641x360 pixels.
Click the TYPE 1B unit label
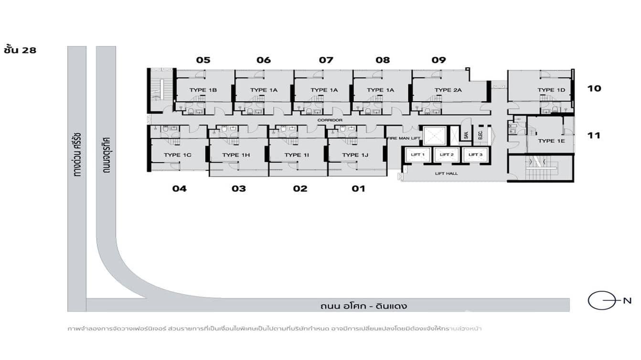(203, 90)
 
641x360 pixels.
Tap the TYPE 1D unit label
(551, 90)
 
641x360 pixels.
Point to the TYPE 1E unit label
(551, 141)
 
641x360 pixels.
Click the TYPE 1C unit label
(178, 155)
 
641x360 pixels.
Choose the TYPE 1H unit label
(236, 155)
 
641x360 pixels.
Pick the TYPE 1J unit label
(355, 155)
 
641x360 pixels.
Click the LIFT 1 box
(417, 155)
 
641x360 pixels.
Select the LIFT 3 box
(475, 155)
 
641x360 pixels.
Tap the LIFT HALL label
(446, 173)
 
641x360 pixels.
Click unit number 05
(203, 60)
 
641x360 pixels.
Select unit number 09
(438, 60)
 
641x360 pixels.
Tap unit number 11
(594, 136)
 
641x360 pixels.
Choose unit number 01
(358, 189)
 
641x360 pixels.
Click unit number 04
(180, 189)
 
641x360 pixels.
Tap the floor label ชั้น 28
(20, 49)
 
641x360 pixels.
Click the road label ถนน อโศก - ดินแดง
(364, 306)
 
